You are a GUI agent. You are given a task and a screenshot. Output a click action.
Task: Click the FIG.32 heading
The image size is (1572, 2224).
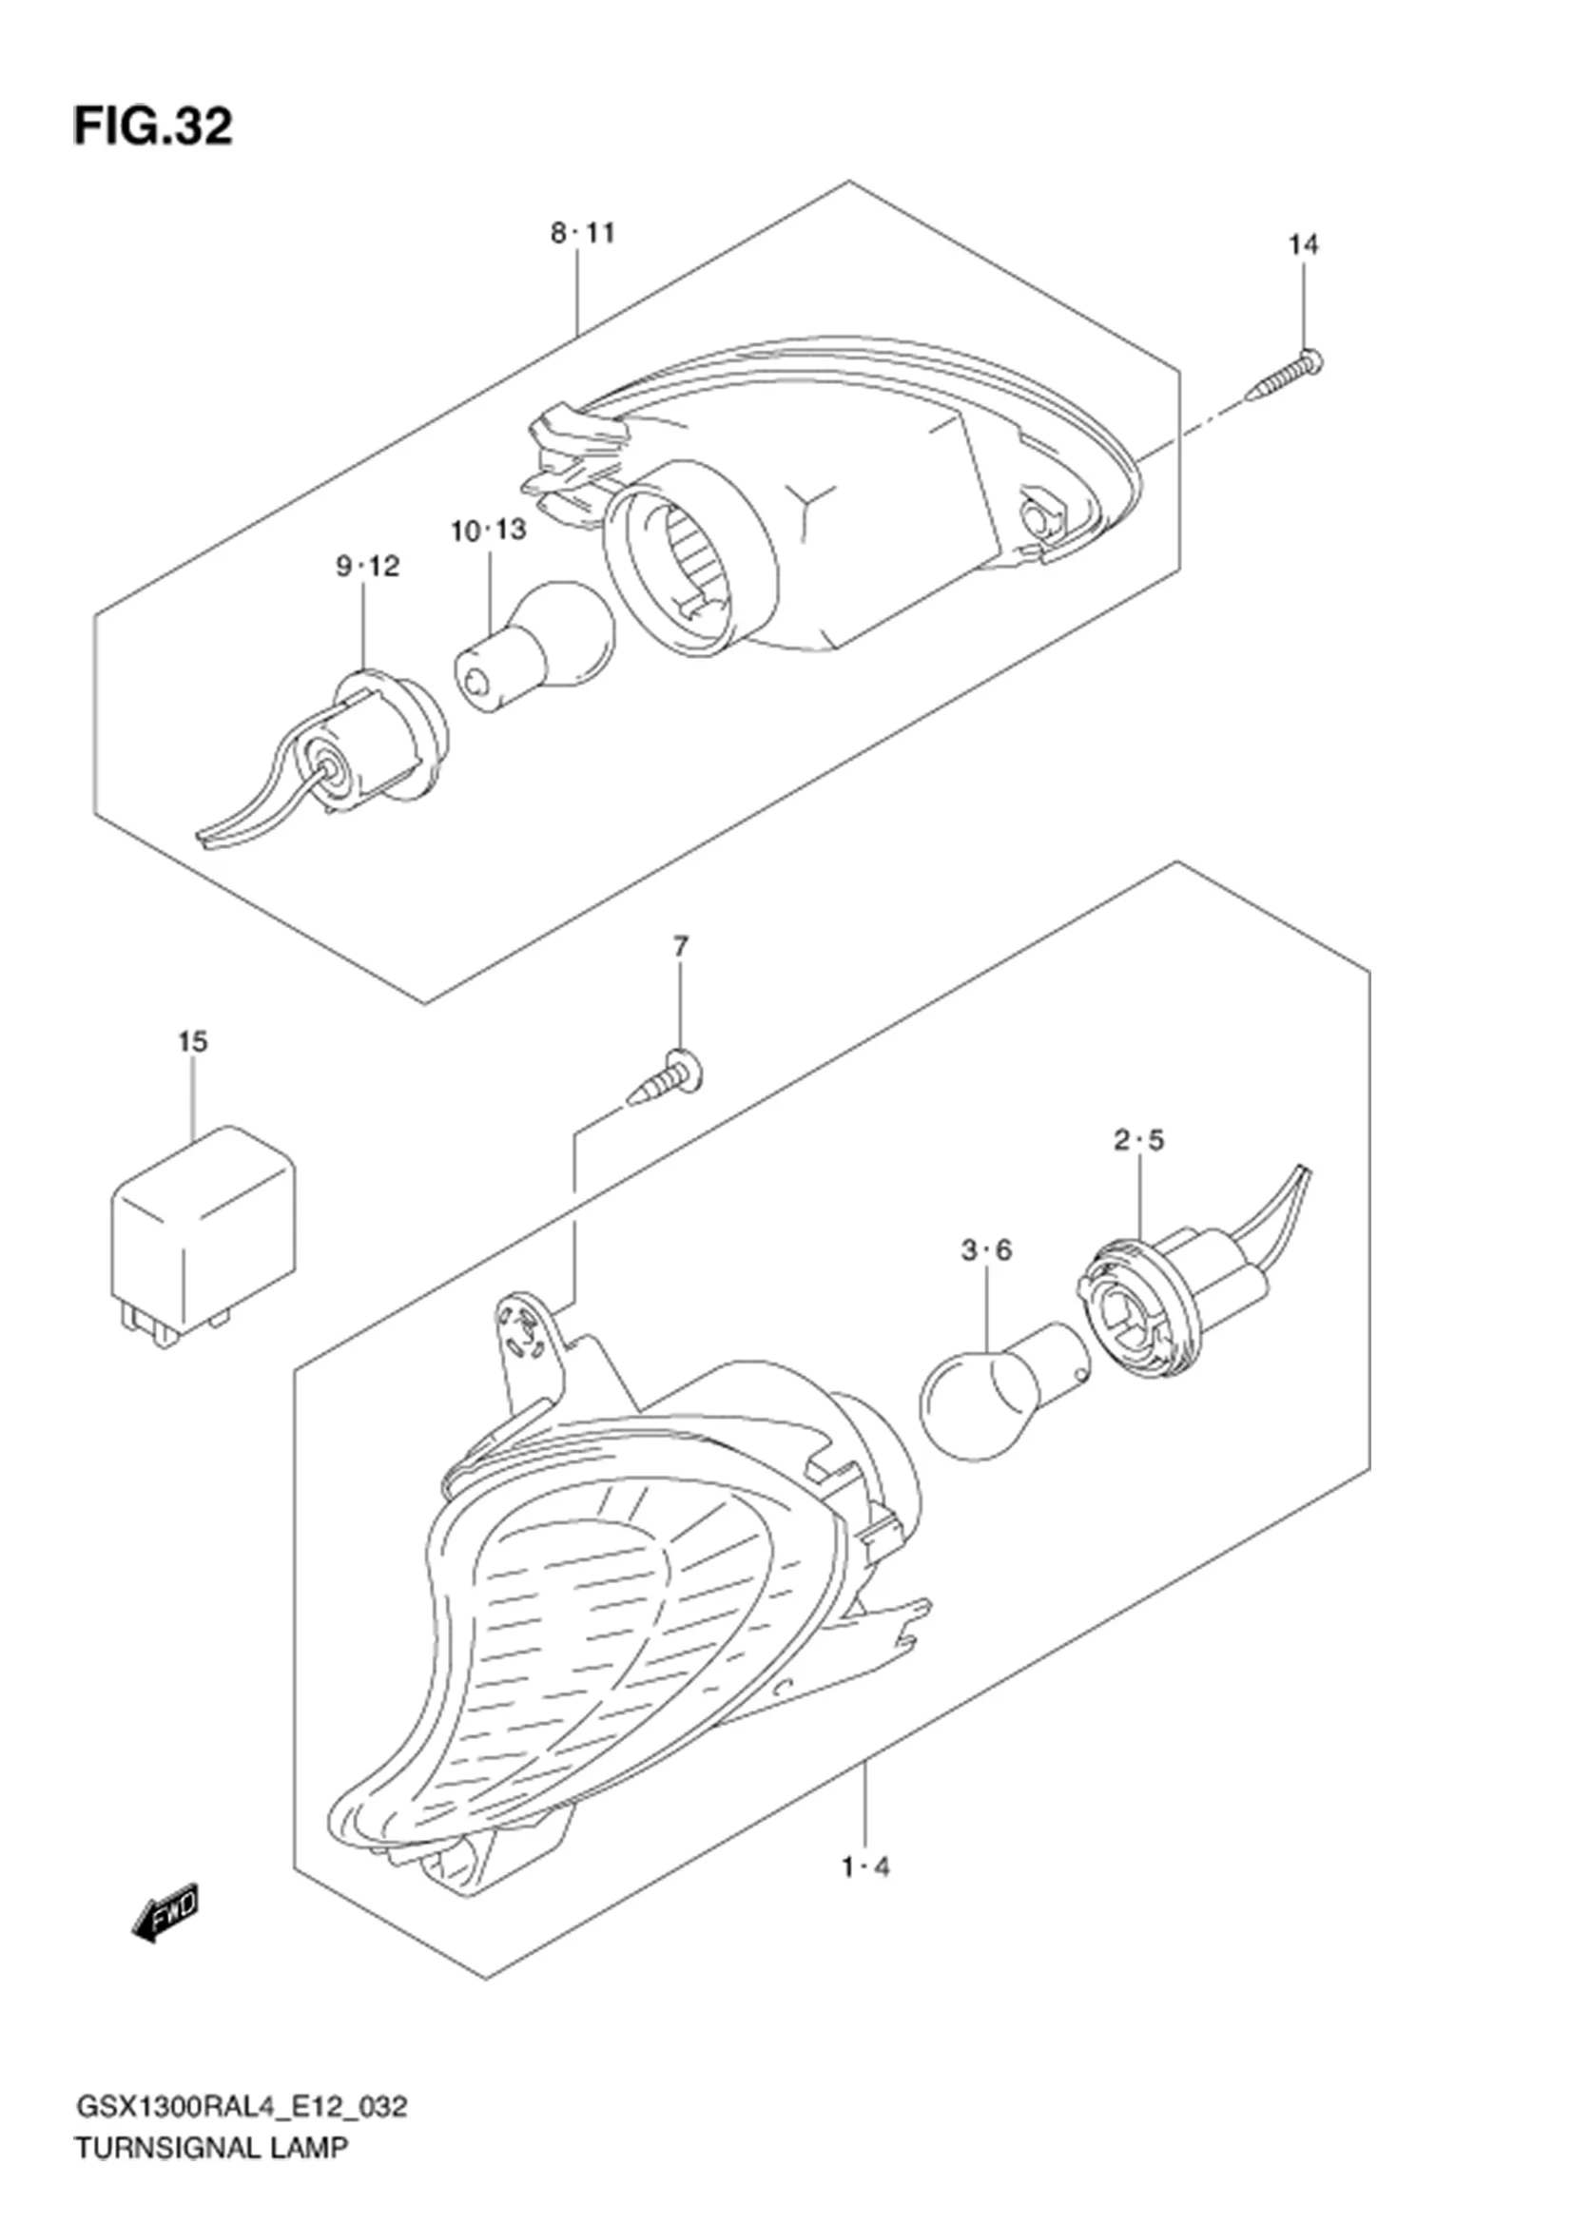tap(153, 126)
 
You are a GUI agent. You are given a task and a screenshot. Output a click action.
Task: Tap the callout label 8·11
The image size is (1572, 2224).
tap(583, 234)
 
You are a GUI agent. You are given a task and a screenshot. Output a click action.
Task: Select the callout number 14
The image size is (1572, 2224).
tap(1303, 245)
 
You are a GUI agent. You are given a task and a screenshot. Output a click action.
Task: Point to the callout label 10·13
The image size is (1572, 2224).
tap(489, 530)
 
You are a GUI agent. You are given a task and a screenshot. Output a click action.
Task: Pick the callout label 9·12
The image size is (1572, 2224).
tap(368, 566)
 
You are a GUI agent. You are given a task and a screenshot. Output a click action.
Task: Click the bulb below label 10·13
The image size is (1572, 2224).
tap(535, 648)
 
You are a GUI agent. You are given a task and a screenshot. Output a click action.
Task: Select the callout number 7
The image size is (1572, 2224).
tap(681, 945)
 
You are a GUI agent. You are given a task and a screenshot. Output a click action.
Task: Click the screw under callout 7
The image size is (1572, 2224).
tap(667, 1077)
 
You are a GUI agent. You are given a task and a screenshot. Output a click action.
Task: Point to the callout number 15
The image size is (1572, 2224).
tap(193, 1042)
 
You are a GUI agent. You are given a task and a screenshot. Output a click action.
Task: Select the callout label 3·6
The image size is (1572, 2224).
tap(986, 1250)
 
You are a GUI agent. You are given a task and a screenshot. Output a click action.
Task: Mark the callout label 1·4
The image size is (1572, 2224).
tap(866, 1915)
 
